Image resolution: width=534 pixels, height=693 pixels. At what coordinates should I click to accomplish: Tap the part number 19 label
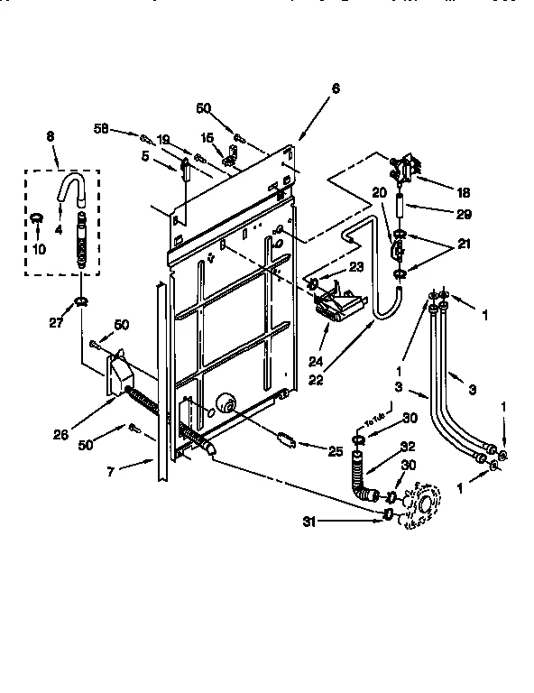tap(163, 139)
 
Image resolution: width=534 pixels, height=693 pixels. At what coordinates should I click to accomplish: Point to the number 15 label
tap(207, 138)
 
